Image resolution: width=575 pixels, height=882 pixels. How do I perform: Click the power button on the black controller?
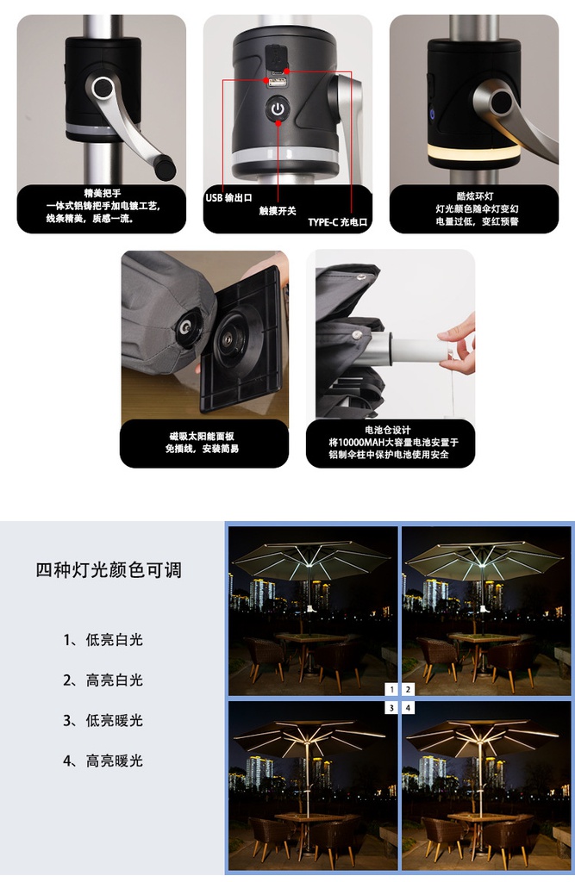point(277,109)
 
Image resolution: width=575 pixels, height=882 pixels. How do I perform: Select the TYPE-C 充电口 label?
point(338,221)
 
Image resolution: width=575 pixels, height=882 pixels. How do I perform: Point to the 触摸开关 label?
point(277,209)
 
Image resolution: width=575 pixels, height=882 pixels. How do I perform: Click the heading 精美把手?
point(102,194)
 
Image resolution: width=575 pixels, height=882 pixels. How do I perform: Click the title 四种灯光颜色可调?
point(109,569)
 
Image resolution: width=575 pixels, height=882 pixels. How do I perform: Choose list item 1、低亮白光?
point(103,640)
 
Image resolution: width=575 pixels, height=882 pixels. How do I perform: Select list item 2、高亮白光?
point(103,680)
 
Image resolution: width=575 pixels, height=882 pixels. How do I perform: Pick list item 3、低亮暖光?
point(103,720)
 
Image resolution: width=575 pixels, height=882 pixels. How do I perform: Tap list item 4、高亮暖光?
point(103,761)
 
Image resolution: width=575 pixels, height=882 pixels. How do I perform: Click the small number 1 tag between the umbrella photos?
point(391,689)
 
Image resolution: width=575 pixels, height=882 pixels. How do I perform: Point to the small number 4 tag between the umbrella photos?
point(409,708)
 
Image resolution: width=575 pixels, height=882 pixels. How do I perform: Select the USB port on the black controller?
point(275,82)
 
